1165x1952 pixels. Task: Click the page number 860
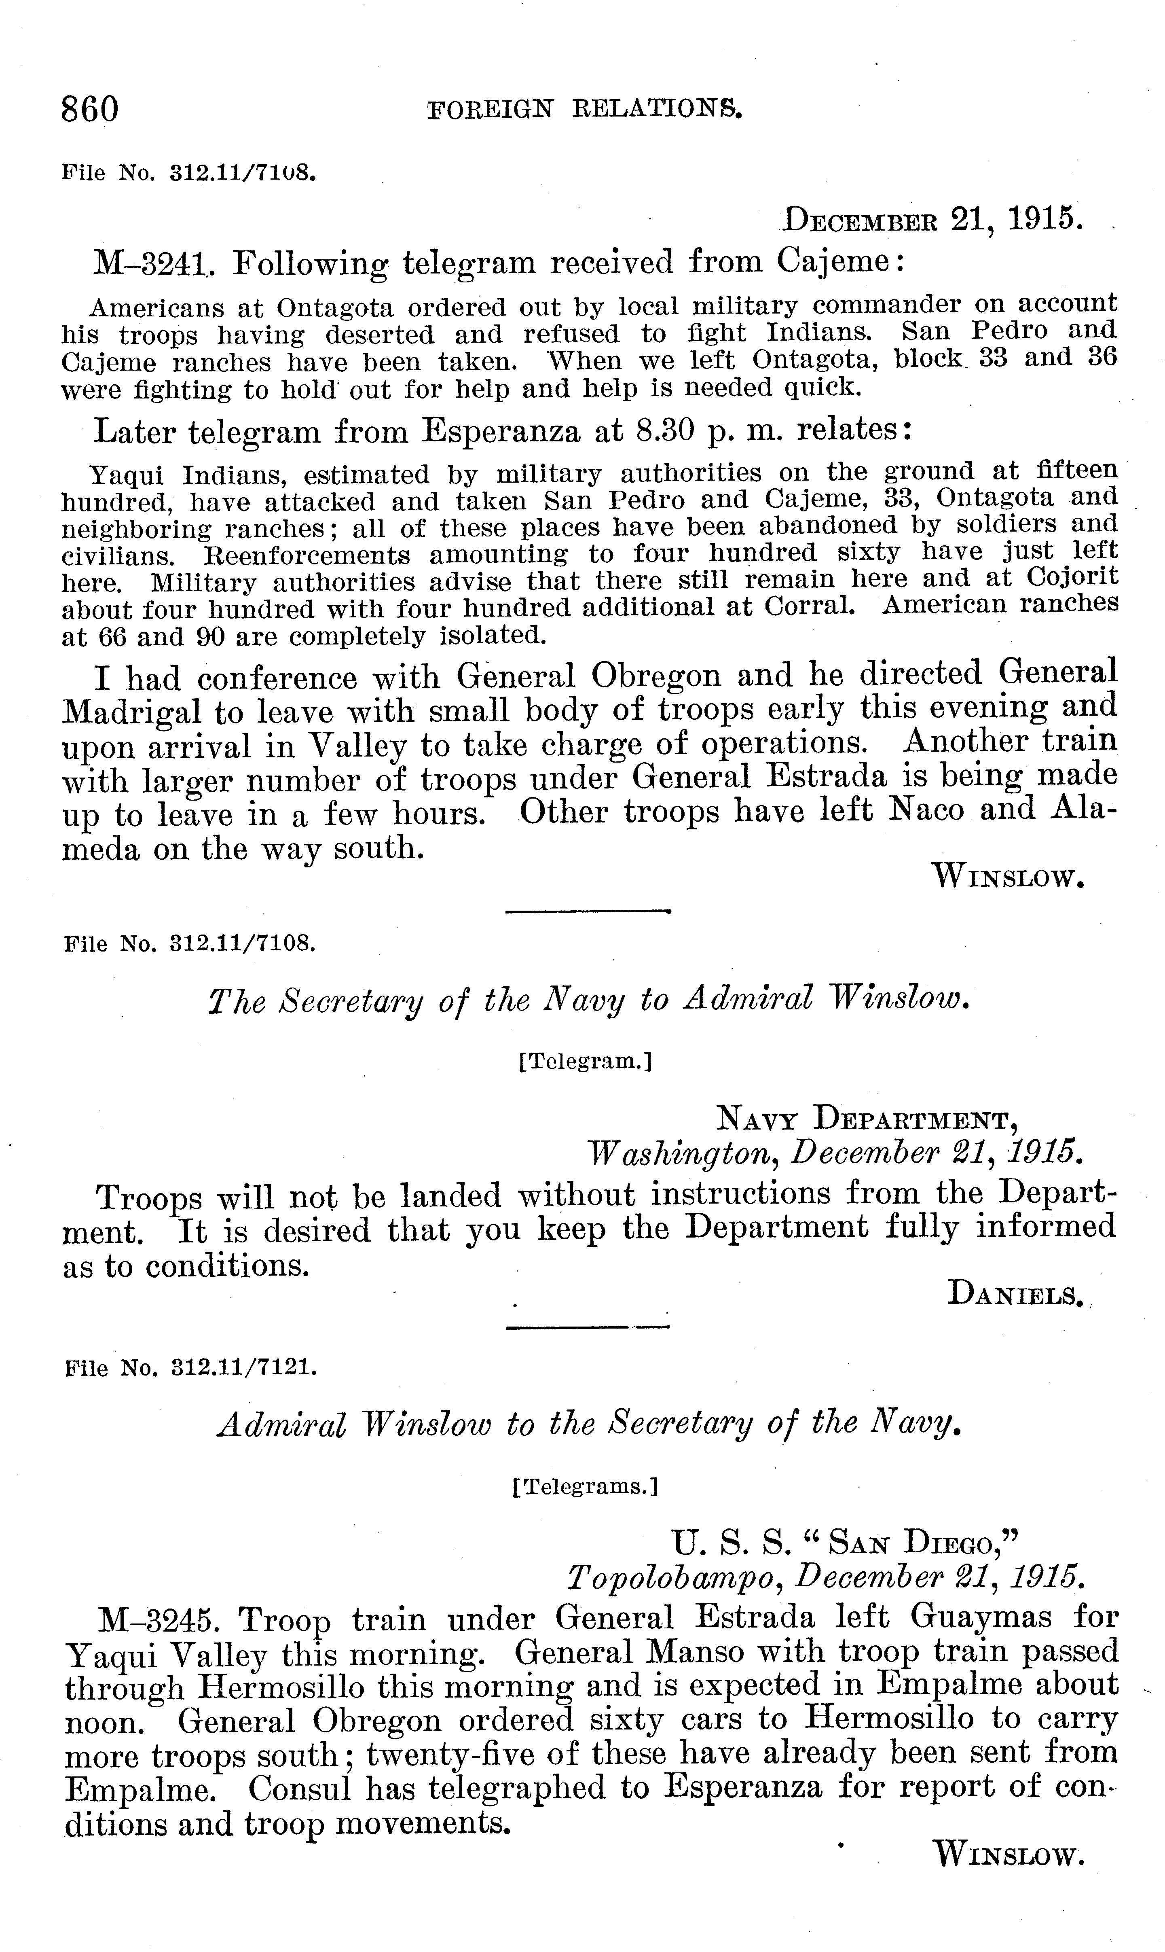[x=90, y=109]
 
